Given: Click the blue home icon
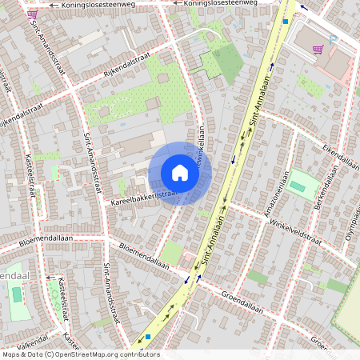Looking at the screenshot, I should pos(180,173).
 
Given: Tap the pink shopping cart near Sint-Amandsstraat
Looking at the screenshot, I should pos(32,14).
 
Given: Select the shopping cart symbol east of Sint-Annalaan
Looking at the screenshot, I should pos(318,49).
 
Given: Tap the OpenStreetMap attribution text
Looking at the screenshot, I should pos(80,354).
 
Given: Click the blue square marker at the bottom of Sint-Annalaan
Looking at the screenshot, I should pos(148,337).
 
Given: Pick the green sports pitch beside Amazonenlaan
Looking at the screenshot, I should pos(298,186).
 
